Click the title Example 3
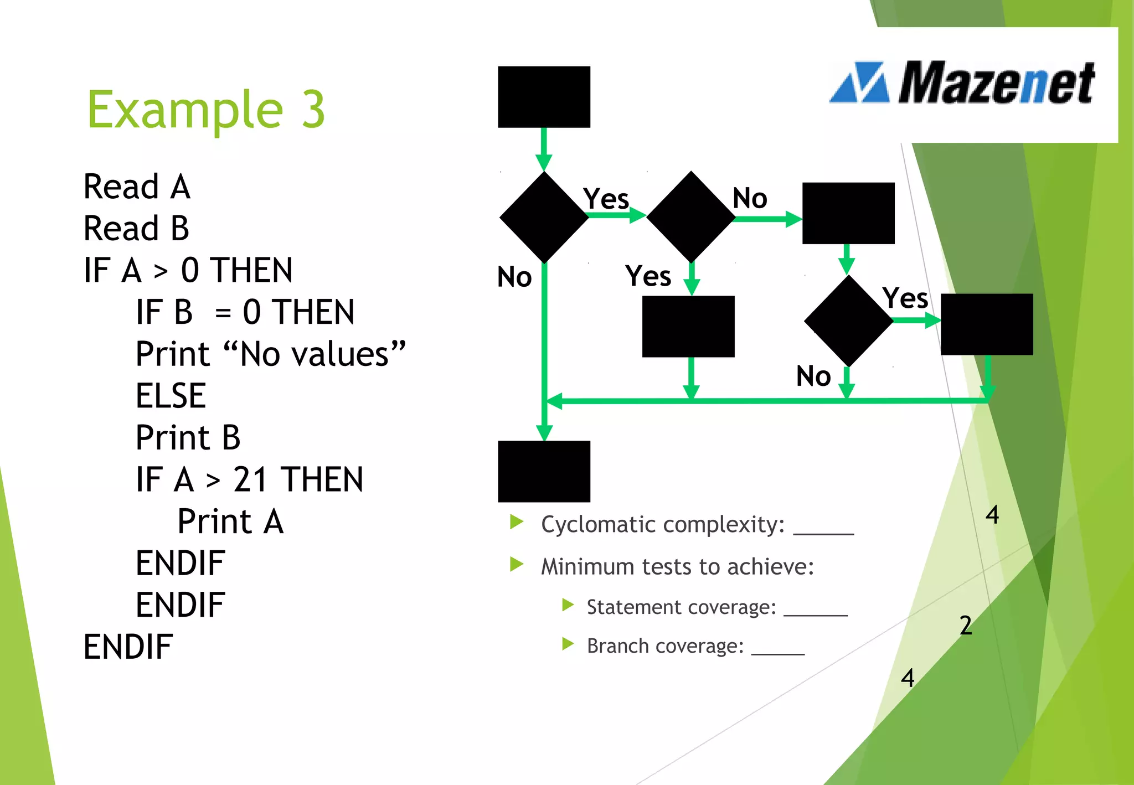206,110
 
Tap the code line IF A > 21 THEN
249,479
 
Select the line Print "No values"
270,354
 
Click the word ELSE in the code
171,396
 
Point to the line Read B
136,229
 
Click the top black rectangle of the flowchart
544,97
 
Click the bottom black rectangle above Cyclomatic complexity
544,471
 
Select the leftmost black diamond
544,217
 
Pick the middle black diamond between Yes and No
690,217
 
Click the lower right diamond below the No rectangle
848,321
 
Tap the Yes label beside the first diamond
606,199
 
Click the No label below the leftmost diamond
514,277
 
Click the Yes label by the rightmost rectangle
905,298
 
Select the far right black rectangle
987,324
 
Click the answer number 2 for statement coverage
966,626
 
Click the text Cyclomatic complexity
662,524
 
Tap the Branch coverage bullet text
664,646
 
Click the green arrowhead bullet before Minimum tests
517,564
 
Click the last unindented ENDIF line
128,647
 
